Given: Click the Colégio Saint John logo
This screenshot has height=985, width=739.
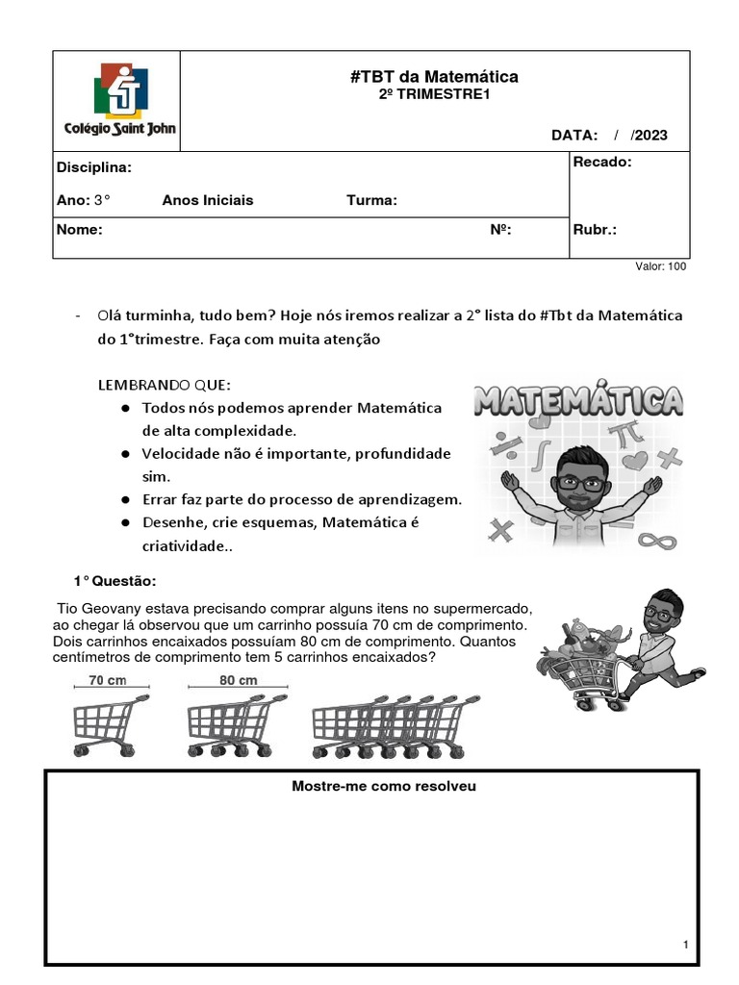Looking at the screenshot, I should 119,100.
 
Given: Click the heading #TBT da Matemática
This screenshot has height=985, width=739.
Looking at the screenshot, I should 434,76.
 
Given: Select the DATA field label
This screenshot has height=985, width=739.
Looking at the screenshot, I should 574,136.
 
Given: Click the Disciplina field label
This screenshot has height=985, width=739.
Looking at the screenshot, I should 94,167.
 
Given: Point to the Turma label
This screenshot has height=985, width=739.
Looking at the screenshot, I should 371,200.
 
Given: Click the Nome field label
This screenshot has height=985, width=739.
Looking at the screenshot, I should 80,230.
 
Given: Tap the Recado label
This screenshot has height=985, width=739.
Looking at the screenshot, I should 602,162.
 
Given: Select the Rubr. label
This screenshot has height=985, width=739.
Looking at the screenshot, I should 595,230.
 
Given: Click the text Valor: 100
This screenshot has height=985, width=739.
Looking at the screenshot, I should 661,266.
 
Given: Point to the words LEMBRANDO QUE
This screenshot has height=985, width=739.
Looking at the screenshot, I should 165,385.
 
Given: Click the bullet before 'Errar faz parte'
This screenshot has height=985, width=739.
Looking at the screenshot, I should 126,500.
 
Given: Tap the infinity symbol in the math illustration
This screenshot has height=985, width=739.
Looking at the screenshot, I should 655,541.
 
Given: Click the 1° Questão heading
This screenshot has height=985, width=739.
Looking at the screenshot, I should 115,582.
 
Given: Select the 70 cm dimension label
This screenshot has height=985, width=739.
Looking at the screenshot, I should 109,680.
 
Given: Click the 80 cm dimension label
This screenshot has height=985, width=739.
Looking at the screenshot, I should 238,680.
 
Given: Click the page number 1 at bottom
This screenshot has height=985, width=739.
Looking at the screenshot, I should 685,946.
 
